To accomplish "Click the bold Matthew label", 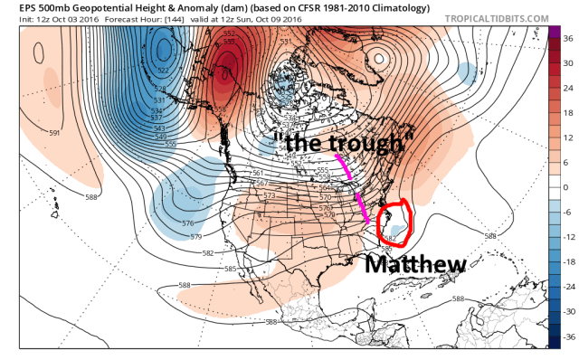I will point(415,263).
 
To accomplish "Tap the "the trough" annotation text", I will point(343,141).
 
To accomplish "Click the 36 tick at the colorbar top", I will point(566,40).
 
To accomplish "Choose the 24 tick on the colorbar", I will point(566,89).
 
